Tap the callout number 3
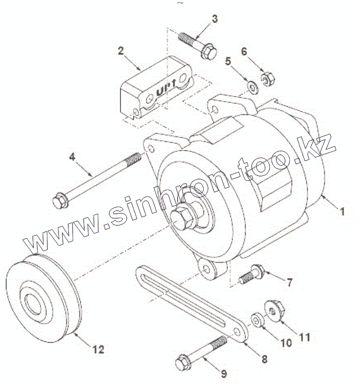(214, 19)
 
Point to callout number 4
(72, 156)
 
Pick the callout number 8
(265, 359)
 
